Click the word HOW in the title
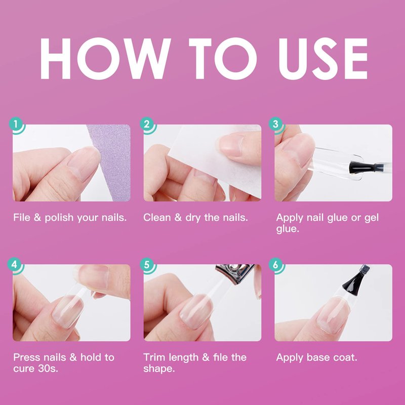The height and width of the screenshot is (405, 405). click(105, 58)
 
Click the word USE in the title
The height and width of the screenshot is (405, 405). click(323, 58)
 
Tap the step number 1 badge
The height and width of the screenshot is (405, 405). click(16, 125)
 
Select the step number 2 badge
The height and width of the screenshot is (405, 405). click(147, 125)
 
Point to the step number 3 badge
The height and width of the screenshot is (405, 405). click(276, 125)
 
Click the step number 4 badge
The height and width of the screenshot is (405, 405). click(15, 264)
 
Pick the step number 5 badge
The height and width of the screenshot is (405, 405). click(147, 264)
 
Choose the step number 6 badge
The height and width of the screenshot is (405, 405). click(276, 264)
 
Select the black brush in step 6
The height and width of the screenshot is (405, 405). click(356, 280)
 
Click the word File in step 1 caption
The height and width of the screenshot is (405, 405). click(22, 217)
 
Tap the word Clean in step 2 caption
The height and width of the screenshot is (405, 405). click(157, 218)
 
